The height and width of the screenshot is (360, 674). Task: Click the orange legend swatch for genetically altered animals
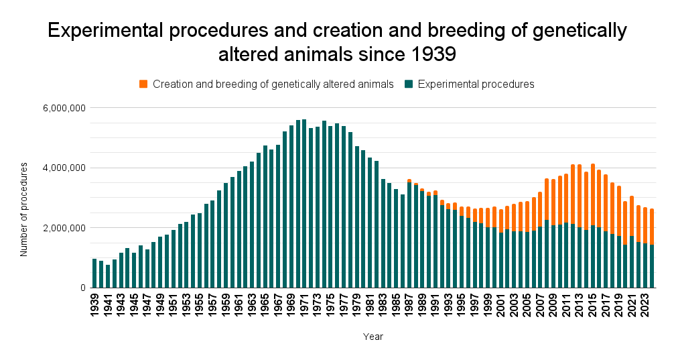(x=143, y=84)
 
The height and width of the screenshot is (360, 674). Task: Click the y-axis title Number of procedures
(x=24, y=208)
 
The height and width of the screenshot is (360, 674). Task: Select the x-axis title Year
(x=373, y=337)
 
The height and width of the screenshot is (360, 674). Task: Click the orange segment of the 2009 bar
(x=553, y=202)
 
